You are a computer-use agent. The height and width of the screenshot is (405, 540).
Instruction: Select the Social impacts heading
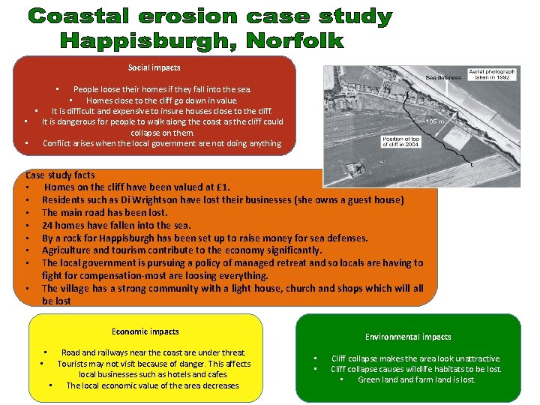coord(154,67)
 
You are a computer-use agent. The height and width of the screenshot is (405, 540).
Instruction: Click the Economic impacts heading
coord(145,331)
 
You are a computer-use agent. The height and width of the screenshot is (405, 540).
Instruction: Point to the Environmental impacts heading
coord(408,337)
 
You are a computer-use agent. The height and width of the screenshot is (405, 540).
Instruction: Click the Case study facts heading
coord(60,175)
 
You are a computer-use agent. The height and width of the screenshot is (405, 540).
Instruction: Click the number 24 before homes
coord(47,225)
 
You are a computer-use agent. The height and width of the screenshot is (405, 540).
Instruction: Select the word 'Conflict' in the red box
coord(58,143)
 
